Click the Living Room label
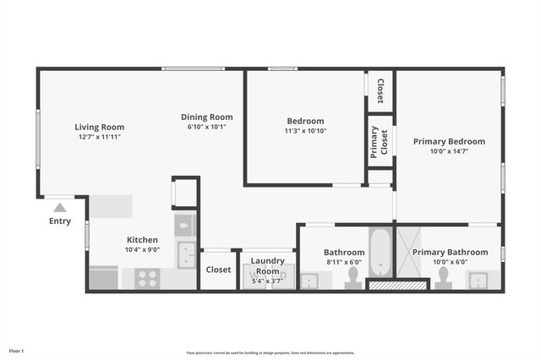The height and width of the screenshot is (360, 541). pos(100,127)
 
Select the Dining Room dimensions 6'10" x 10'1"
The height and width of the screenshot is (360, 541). pos(206,127)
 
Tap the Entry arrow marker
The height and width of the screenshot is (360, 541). pos(59,207)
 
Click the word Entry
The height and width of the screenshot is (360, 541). pos(60,221)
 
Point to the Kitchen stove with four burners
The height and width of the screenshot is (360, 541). pos(147,277)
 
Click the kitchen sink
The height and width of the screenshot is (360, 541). pos(186,254)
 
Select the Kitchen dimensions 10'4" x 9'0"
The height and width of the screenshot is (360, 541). pos(142,249)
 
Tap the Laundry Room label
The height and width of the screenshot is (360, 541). pos(268,265)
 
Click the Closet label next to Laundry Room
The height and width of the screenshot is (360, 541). pos(219,270)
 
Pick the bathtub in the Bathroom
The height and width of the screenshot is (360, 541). pos(380,252)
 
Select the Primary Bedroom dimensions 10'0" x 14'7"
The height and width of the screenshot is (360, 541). pos(449,151)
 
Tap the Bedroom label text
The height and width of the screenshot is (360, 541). pos(304,121)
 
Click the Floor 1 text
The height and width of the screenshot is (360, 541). pos(17,350)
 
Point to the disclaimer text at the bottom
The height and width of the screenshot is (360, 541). pos(270,352)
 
